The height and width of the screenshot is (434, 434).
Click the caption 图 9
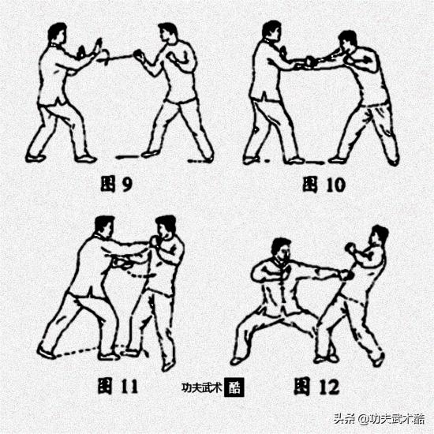pos(116,185)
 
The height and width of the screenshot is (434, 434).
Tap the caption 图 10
pos(324,185)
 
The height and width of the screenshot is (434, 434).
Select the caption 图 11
pos(118,386)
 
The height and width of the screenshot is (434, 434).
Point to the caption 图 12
pos(316,387)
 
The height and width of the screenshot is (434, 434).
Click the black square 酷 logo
pos(234,387)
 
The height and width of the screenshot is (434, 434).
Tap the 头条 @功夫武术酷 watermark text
pos(379,419)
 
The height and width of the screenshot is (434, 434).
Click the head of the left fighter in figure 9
pos(58,32)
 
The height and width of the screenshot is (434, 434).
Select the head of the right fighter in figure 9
pos(167,32)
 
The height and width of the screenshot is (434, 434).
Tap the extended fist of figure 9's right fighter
pos(139,55)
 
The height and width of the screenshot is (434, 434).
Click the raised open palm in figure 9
pos(99,47)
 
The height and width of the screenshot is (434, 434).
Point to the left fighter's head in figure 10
pos(271,31)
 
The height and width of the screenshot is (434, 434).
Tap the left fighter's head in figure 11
pos(104,226)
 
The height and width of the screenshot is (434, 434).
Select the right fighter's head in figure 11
pos(166,227)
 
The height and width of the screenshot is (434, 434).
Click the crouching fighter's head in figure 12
pos(281,249)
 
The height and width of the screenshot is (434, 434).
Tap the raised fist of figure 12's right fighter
pos(350,248)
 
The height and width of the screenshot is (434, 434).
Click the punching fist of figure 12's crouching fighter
pos(346,275)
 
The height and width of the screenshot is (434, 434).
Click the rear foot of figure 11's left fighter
pos(46,353)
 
